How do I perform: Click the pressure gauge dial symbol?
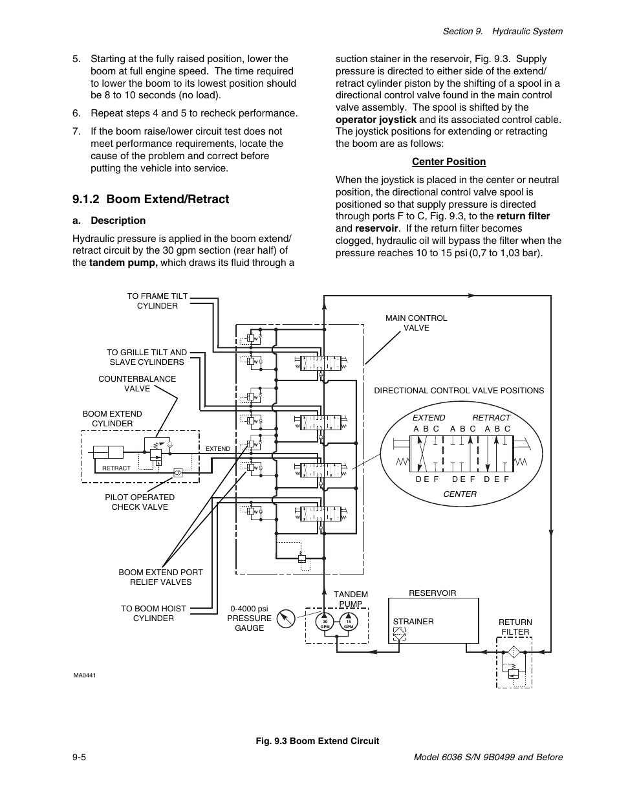coord(285,618)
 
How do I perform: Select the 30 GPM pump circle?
coord(325,624)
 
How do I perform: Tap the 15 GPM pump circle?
coord(348,624)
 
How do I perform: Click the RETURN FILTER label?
coord(515,627)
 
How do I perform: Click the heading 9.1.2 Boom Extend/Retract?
coord(151,199)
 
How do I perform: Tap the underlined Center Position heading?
coord(448,162)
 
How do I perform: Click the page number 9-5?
coord(80,757)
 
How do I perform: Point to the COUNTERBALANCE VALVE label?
coord(137,384)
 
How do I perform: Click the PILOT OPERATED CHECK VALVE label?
coord(140,502)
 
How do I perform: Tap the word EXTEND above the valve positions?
coord(429,417)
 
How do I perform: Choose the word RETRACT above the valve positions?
coord(491,417)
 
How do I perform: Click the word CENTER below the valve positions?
coord(460,494)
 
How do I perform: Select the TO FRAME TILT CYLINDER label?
coord(157,301)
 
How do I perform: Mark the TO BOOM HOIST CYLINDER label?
coord(153,613)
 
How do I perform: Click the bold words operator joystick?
coord(376,119)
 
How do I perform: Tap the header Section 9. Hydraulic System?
coord(503,31)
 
